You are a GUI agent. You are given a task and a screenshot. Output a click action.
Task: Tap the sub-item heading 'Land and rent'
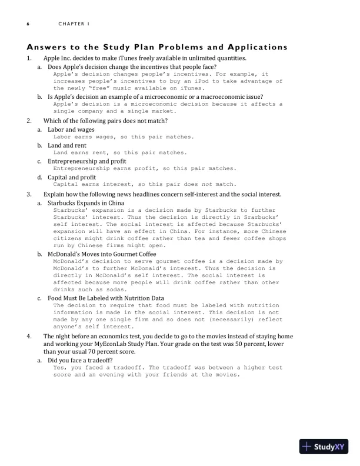tap(66, 145)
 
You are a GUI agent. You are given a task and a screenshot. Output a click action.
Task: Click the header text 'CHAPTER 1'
tap(73, 24)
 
